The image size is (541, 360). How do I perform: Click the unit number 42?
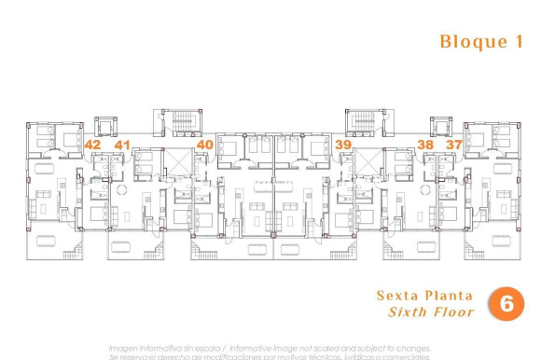coord(92,145)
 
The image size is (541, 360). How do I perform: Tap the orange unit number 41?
coord(122,145)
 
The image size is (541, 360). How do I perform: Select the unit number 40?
coord(205,145)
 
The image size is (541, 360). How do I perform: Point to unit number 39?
coord(343,145)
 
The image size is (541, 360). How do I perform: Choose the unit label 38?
coord(425,145)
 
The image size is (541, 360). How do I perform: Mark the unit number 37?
coord(453,145)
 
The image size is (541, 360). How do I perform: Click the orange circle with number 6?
coord(506,303)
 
